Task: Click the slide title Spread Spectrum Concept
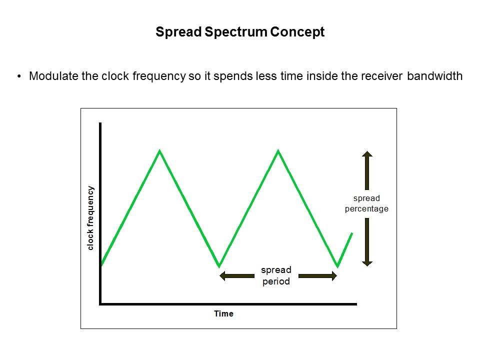240,32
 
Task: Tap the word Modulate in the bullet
52,76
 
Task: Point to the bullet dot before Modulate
19,76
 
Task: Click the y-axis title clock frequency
90,218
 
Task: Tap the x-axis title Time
223,314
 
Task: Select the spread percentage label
366,204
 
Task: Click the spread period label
276,276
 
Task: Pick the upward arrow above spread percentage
367,169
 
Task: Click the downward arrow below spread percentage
367,242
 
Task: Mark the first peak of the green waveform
159,150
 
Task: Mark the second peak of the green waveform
278,150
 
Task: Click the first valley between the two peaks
219,266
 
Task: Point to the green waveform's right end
352,233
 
